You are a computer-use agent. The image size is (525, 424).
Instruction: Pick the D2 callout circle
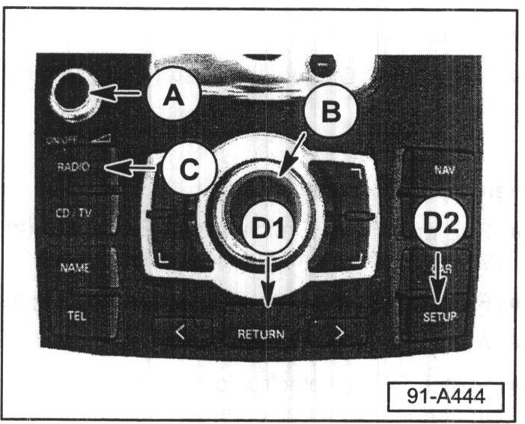440,222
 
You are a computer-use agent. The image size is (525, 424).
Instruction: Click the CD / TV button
74,213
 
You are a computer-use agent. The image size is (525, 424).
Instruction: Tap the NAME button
74,267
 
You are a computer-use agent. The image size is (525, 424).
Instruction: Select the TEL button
76,315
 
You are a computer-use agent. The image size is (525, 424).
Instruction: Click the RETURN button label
261,334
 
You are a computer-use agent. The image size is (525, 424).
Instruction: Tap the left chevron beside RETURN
180,333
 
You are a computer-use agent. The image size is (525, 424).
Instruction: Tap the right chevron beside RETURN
339,333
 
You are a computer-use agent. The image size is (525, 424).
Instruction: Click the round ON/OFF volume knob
70,94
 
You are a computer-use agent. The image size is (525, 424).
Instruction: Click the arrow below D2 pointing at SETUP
439,279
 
